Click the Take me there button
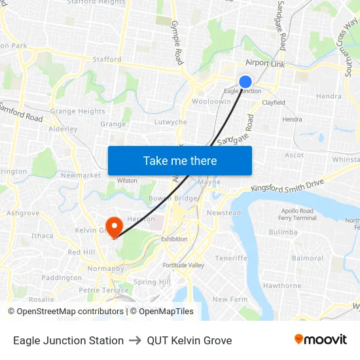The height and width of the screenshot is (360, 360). point(180,160)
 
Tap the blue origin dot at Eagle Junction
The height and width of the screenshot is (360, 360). point(245,81)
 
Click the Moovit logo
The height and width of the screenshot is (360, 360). point(321,340)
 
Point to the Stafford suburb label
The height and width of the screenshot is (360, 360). point(107,59)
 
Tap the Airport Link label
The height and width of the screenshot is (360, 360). point(265,63)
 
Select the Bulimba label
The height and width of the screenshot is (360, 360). point(283,232)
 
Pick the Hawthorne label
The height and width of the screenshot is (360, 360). point(281,285)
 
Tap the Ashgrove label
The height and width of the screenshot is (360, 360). point(23,213)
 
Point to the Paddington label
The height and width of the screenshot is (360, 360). point(62,278)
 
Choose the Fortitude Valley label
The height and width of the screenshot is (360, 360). point(183,265)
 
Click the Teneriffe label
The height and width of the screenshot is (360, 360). point(231,258)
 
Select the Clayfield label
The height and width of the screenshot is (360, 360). point(274,103)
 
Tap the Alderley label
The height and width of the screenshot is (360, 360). point(63,129)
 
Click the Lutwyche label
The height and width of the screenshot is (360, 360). point(170,122)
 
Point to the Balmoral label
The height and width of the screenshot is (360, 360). point(308,258)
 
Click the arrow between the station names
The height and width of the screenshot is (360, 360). point(135,340)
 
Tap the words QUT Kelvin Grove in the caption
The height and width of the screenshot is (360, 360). point(189,340)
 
